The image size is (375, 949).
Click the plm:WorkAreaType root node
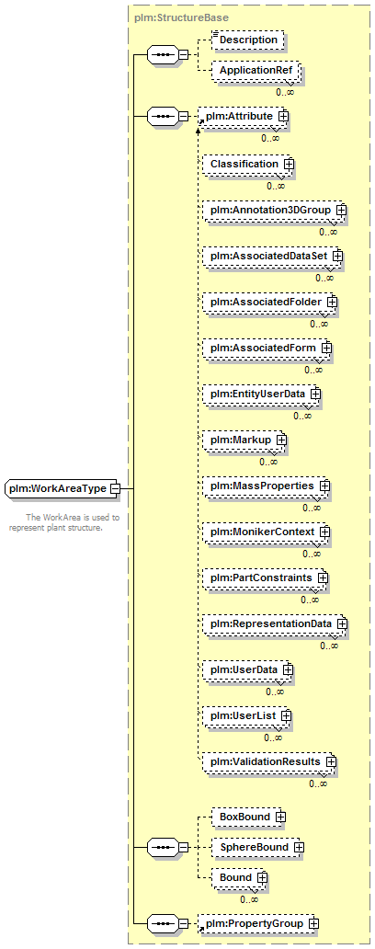62,488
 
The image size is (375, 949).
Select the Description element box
248,40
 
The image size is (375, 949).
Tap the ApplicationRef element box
256,71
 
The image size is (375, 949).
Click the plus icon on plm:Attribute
282,116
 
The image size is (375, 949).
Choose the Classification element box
247,164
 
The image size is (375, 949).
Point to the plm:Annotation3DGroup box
274,210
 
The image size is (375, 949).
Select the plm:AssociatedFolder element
269,302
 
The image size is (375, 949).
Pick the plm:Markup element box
244,440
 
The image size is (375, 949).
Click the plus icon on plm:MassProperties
324,486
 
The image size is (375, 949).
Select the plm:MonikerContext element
266,532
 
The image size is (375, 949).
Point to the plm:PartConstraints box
265,578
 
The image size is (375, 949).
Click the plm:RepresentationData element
274,624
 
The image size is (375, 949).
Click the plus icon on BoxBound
279,818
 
